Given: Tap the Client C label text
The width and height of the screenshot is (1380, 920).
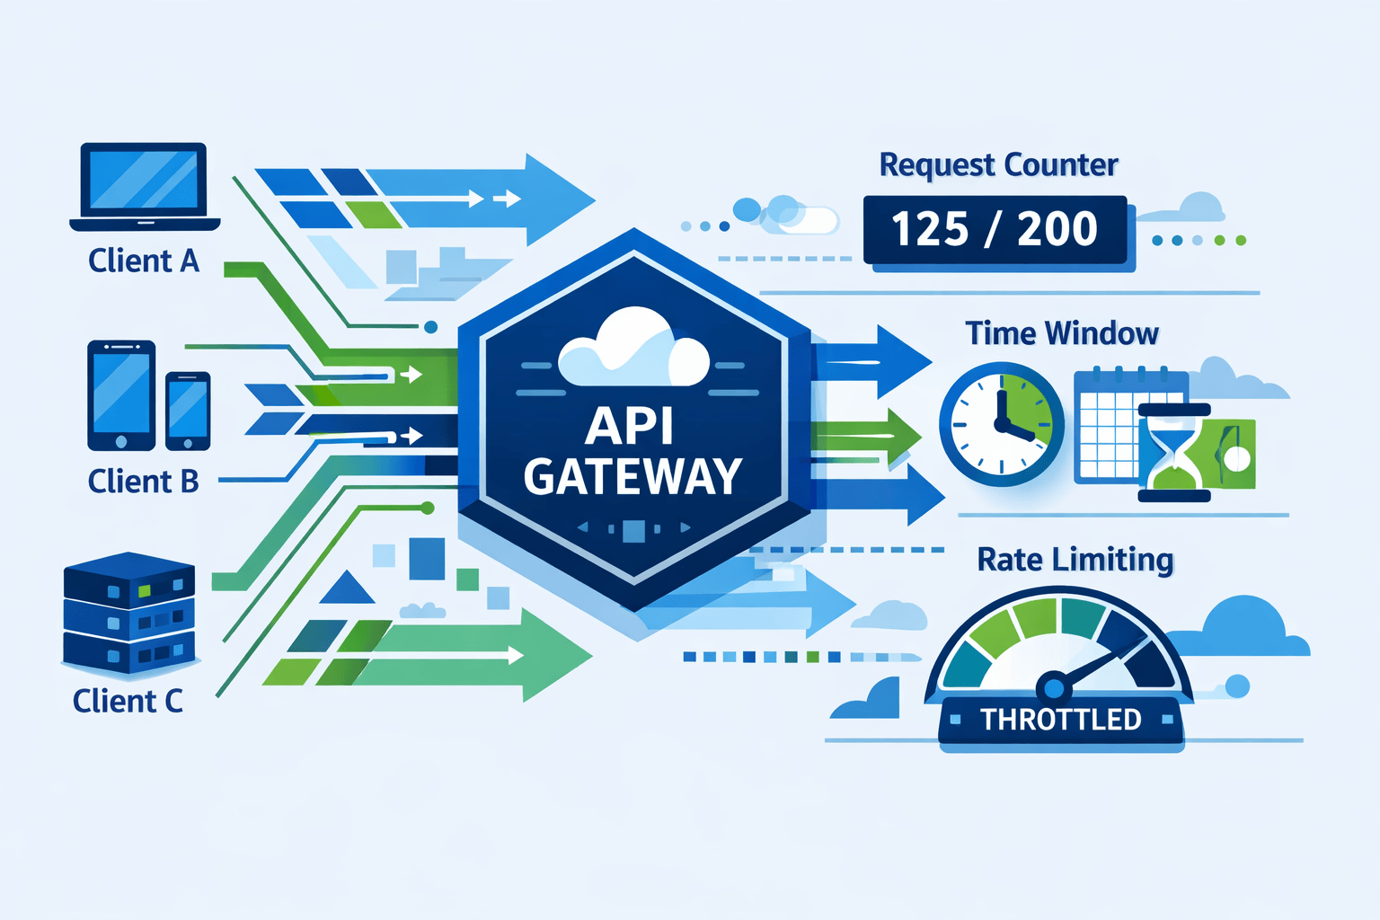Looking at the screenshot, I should (128, 701).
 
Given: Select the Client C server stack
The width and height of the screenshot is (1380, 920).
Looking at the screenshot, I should (129, 613).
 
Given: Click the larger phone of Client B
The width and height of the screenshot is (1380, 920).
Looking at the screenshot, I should (121, 395).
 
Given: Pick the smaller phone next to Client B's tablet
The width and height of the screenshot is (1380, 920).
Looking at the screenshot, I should (188, 411).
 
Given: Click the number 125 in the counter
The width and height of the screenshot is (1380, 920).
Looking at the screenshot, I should (931, 229).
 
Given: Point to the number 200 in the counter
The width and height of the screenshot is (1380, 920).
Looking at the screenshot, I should (1057, 229).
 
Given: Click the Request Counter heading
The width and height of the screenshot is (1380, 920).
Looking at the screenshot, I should (998, 165).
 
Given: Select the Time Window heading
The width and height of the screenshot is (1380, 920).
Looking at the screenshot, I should (1062, 333).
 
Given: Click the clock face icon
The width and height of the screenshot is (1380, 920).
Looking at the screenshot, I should (1001, 424).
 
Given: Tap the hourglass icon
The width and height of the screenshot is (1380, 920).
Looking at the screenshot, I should (1172, 453).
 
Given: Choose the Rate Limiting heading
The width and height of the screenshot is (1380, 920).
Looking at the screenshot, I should (1075, 560).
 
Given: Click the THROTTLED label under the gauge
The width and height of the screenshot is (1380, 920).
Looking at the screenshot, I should (1060, 720).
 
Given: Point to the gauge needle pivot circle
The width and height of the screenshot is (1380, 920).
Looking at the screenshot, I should (1054, 688).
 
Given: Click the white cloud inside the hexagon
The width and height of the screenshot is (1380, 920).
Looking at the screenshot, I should (633, 351).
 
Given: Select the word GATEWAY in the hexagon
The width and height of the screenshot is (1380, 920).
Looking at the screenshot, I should (632, 477).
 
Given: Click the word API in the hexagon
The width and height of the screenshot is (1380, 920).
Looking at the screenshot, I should (629, 426).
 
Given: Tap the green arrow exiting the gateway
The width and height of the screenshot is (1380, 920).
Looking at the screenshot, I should (867, 437).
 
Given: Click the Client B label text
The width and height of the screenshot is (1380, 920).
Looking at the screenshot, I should (143, 482).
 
